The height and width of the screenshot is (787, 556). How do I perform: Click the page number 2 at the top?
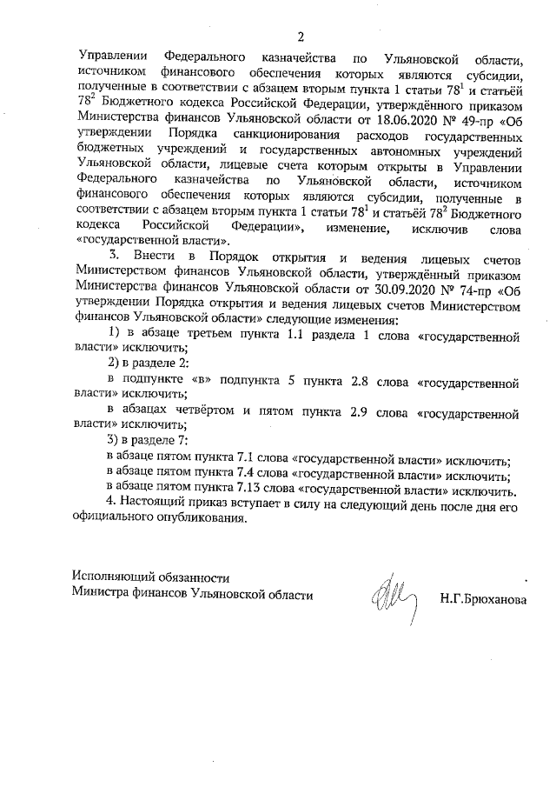[300, 37]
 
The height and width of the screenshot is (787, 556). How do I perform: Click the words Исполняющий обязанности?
[150, 577]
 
